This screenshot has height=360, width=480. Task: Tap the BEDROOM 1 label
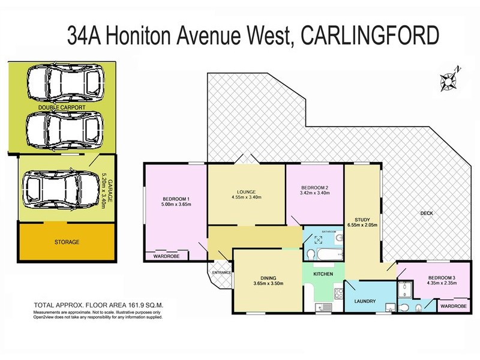(176, 199)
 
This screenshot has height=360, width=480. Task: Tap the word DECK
(427, 214)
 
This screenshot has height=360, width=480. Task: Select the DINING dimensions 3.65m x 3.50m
(263, 284)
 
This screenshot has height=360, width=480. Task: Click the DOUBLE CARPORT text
(62, 108)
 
